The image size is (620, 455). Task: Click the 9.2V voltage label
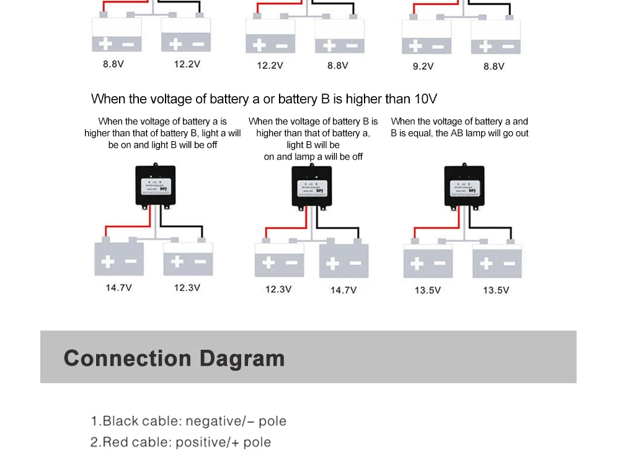tap(423, 66)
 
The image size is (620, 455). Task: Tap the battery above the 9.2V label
tap(426, 38)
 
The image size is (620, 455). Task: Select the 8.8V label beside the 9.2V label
tap(494, 66)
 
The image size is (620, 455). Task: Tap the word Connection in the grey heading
tap(128, 358)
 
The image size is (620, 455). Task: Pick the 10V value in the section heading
tap(425, 99)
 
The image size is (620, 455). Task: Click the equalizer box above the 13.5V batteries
tap(464, 186)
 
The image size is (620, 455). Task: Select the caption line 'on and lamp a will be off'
tap(313, 157)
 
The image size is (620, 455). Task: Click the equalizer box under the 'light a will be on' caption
tap(155, 186)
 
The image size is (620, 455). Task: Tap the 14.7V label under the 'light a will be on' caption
tap(118, 288)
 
